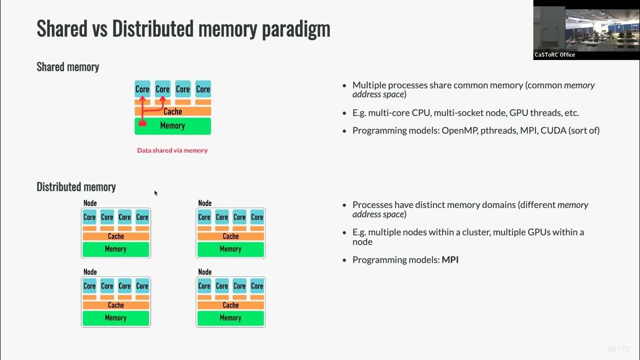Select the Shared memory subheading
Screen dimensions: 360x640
tap(68, 67)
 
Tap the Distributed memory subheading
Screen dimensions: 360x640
tap(76, 187)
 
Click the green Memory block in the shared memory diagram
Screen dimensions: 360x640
tap(172, 126)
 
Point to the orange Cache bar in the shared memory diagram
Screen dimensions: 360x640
tap(172, 111)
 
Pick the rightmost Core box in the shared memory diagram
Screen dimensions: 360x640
tap(203, 89)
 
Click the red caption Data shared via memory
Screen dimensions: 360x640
tap(172, 150)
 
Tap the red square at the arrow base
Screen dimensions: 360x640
tap(142, 123)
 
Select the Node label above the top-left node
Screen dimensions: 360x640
tap(90, 203)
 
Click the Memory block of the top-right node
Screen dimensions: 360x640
tap(230, 249)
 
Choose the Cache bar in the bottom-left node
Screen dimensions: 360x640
tap(115, 305)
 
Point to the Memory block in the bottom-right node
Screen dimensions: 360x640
tap(230, 318)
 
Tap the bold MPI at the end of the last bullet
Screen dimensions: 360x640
tap(450, 260)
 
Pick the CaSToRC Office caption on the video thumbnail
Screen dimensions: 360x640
tap(555, 55)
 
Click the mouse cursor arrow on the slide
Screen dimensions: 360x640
tap(155, 193)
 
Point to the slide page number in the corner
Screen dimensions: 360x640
tap(618, 349)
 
